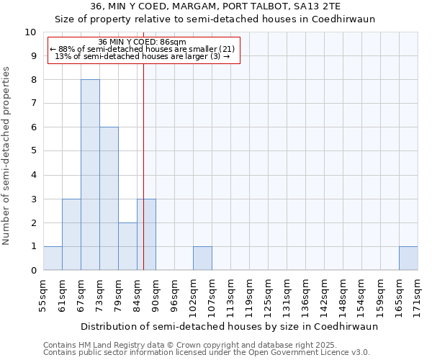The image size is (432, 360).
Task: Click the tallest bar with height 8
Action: coord(90,175)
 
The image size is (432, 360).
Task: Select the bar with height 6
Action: coord(109,199)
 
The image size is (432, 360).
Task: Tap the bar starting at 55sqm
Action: coord(53,258)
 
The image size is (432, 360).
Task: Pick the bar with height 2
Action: coord(127,246)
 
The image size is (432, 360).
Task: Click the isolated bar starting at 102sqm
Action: coord(202,258)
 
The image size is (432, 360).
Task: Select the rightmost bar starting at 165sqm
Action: coord(408,258)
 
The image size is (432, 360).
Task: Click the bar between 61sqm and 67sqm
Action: coord(71,235)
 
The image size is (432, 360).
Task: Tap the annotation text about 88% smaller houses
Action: coord(142,49)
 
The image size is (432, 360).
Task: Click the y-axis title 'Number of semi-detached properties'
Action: coord(7,156)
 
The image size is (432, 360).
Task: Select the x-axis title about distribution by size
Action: coord(229,326)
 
